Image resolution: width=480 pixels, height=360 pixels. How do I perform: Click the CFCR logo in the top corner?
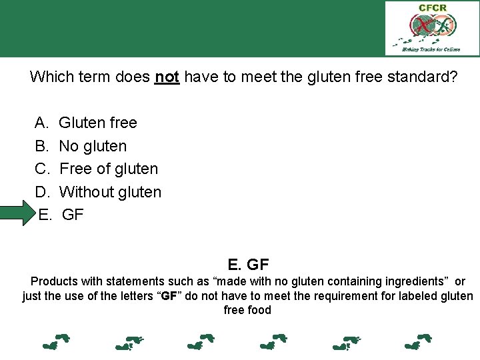(431, 28)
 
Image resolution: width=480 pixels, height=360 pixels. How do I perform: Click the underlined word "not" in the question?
(167, 77)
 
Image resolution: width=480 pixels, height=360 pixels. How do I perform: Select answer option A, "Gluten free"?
(98, 123)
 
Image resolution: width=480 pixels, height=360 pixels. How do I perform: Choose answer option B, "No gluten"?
(93, 146)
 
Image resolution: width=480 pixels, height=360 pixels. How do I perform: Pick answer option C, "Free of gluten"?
(109, 169)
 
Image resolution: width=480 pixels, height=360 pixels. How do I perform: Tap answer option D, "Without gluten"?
(110, 192)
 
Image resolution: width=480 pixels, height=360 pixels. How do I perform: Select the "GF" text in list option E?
(73, 215)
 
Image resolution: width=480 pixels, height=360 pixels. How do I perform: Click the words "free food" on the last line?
(247, 310)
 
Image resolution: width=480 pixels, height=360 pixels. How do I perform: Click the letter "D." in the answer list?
(43, 192)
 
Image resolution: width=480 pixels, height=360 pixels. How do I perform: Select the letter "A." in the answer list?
(42, 123)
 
